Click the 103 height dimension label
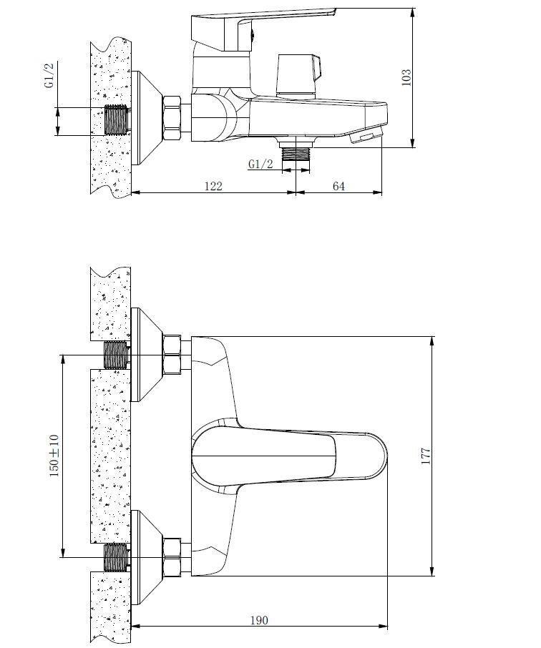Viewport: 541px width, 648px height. click(406, 77)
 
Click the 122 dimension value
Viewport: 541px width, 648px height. click(213, 186)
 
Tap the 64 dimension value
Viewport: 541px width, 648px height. click(338, 186)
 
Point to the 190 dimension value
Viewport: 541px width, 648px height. click(259, 620)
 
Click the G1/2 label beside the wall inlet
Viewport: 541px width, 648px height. click(49, 75)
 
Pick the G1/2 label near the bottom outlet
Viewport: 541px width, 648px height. click(260, 165)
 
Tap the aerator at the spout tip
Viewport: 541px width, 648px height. click(366, 136)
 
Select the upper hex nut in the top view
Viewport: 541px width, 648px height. click(173, 355)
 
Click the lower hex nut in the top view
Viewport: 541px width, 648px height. click(173, 556)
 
